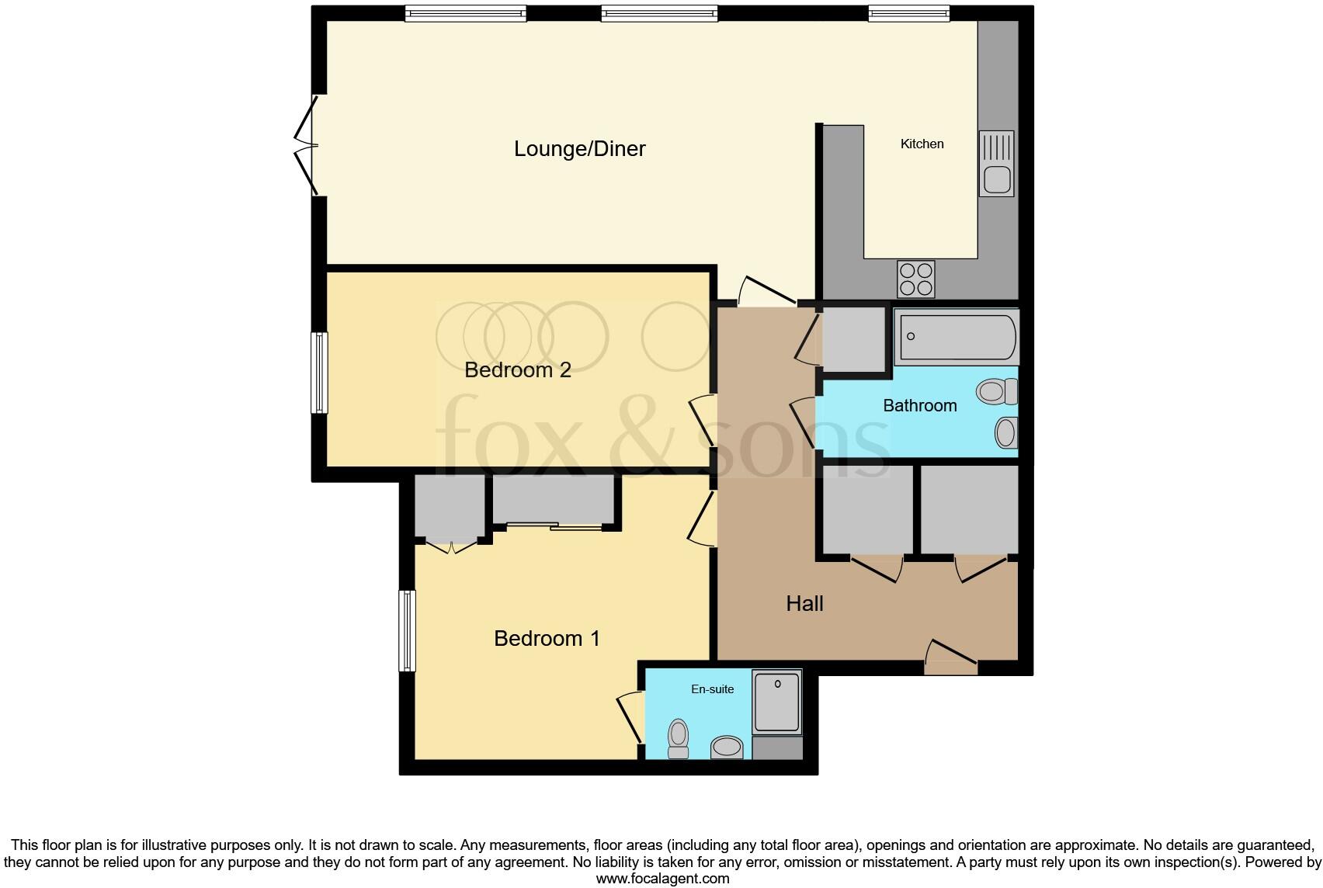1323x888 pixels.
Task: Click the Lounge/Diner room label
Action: pos(579,148)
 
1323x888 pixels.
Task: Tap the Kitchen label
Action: pos(922,144)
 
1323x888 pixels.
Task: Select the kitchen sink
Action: pos(996,164)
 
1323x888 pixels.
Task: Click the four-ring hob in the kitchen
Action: pos(915,279)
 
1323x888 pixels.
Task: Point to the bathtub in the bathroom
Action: pos(954,337)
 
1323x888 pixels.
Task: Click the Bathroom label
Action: pos(919,405)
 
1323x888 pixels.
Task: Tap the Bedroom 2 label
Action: pos(517,369)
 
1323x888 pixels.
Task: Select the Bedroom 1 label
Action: pos(547,638)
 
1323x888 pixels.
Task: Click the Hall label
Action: pos(804,603)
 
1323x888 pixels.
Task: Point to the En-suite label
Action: pos(712,689)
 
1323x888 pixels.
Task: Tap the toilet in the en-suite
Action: pos(679,737)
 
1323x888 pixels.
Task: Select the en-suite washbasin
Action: pos(727,748)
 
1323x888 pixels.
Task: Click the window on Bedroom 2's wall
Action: pos(319,373)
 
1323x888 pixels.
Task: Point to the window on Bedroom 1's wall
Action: pos(408,630)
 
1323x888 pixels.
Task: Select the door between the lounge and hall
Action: pos(764,290)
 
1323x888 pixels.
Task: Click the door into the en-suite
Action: pos(630,719)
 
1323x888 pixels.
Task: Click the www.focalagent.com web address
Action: pos(662,879)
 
